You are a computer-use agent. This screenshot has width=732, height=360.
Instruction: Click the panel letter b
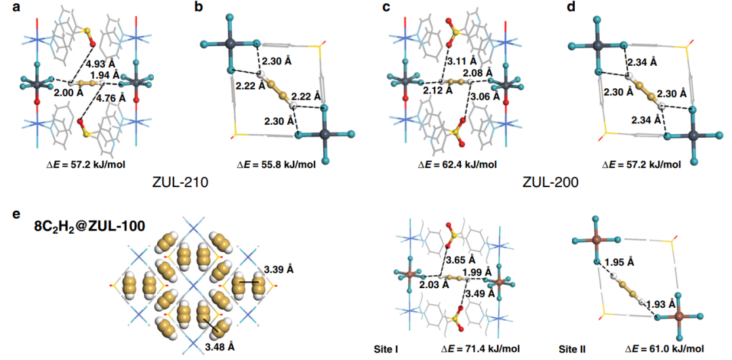[x=198, y=8]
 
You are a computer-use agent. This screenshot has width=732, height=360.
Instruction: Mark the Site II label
[x=571, y=348]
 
